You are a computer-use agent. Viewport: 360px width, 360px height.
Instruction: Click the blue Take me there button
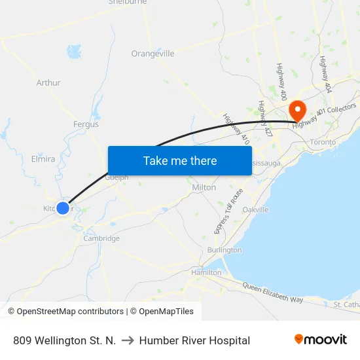click(179, 160)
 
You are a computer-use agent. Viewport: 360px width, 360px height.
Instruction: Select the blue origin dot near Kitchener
click(63, 207)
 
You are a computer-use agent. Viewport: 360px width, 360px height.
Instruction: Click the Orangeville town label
click(153, 54)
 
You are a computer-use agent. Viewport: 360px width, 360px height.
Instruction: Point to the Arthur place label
click(48, 83)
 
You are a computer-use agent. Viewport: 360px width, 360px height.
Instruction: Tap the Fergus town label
click(86, 124)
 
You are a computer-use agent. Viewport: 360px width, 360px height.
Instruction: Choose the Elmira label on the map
click(43, 158)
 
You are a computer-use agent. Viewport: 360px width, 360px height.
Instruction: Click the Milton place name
click(204, 187)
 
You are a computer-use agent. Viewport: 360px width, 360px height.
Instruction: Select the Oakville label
click(255, 209)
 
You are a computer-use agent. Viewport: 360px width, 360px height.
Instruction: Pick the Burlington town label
click(224, 250)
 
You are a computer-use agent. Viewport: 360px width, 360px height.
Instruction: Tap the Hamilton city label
click(206, 272)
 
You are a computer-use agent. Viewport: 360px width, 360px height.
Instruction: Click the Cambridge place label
click(101, 238)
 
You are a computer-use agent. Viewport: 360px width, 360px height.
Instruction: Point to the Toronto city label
click(323, 142)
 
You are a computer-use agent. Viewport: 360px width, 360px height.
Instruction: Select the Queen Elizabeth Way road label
click(272, 293)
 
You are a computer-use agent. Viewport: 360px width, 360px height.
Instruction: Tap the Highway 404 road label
click(324, 73)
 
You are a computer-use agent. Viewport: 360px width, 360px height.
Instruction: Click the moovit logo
click(320, 340)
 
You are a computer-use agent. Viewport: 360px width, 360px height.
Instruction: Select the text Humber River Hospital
click(194, 340)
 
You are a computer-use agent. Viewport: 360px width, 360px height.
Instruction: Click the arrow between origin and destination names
click(127, 340)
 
